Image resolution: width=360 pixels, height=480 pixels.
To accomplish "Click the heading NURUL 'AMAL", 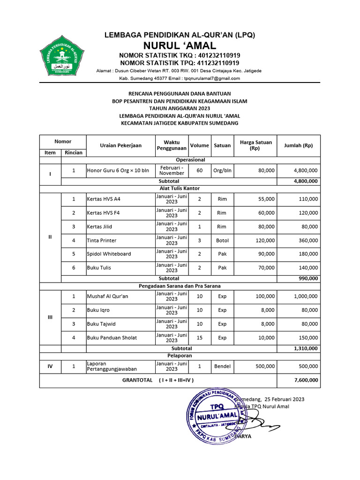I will pos(180,45).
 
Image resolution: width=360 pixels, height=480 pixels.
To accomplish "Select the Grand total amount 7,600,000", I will pos(306,380).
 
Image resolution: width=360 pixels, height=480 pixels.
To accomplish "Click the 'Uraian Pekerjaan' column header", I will pos(120,145).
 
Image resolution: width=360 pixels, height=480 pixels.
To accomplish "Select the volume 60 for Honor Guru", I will pos(200,171).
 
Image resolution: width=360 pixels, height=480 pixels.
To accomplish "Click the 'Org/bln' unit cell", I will pos(222,171).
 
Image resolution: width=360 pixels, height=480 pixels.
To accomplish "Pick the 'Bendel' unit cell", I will pos(222,366).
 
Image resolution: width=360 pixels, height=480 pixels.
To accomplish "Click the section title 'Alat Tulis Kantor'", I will pos(180,188).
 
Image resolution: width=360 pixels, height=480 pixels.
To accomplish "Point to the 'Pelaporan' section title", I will pos(180,356).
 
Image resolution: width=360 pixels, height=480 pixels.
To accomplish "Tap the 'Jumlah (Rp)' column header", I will pos(298,145).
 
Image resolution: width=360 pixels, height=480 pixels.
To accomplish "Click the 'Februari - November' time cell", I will pos(172,171).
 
